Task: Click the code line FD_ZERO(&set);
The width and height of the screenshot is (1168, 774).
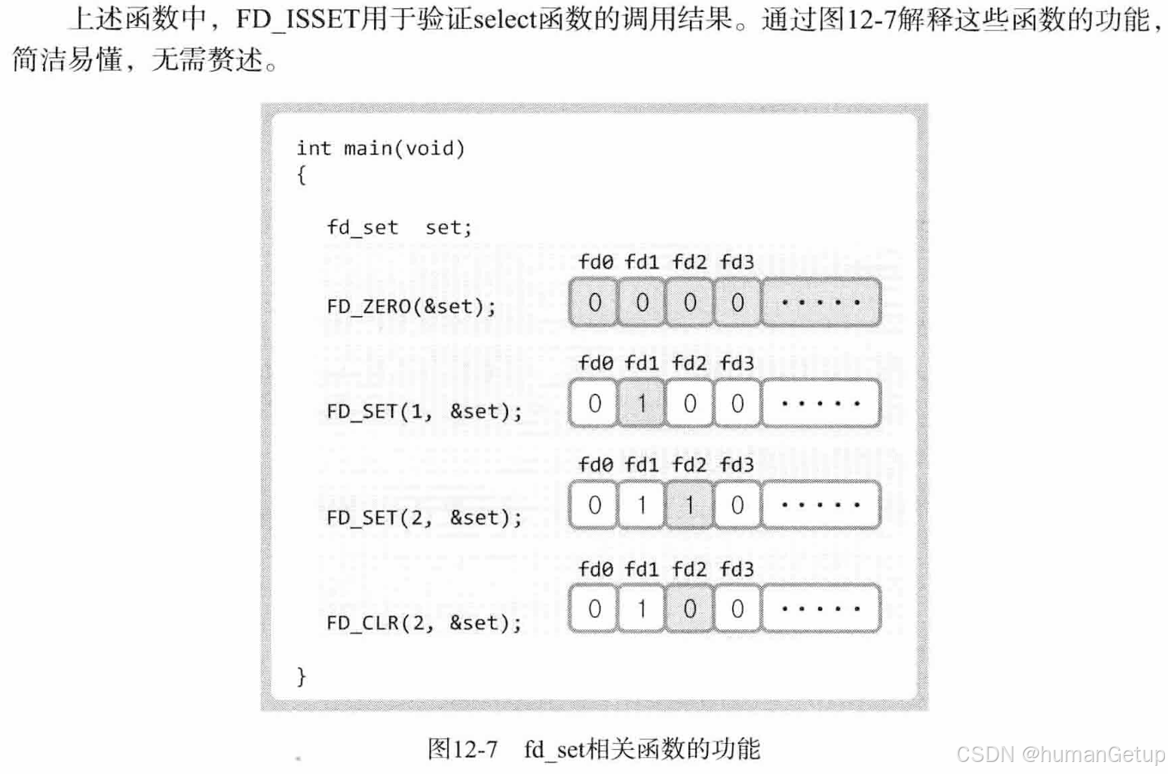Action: [411, 306]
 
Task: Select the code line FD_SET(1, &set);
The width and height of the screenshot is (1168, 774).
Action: [424, 411]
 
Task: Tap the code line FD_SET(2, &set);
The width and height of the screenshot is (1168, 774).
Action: [424, 518]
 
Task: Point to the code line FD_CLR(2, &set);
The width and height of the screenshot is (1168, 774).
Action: [424, 622]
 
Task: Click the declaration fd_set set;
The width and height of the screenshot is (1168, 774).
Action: [399, 227]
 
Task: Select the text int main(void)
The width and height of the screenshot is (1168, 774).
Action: [380, 148]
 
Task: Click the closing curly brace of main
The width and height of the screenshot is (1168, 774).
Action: [302, 675]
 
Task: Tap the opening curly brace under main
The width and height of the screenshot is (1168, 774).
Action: [302, 176]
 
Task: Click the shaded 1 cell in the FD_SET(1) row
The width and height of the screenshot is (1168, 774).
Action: [642, 404]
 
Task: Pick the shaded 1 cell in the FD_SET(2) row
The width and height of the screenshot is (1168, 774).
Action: [689, 505]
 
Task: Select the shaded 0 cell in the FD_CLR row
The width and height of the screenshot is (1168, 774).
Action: [689, 609]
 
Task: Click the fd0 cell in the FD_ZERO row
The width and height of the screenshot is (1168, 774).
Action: [594, 303]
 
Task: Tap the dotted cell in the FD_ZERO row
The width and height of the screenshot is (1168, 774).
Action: [821, 303]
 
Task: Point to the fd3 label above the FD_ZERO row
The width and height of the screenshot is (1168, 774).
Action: [737, 262]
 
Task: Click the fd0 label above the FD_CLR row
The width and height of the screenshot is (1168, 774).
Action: [596, 569]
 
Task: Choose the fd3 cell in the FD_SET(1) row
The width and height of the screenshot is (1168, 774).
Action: [737, 404]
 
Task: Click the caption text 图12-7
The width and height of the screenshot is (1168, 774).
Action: [462, 749]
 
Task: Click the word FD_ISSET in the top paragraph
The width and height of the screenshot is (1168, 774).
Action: [296, 19]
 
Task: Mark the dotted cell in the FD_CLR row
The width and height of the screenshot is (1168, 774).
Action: [821, 609]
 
